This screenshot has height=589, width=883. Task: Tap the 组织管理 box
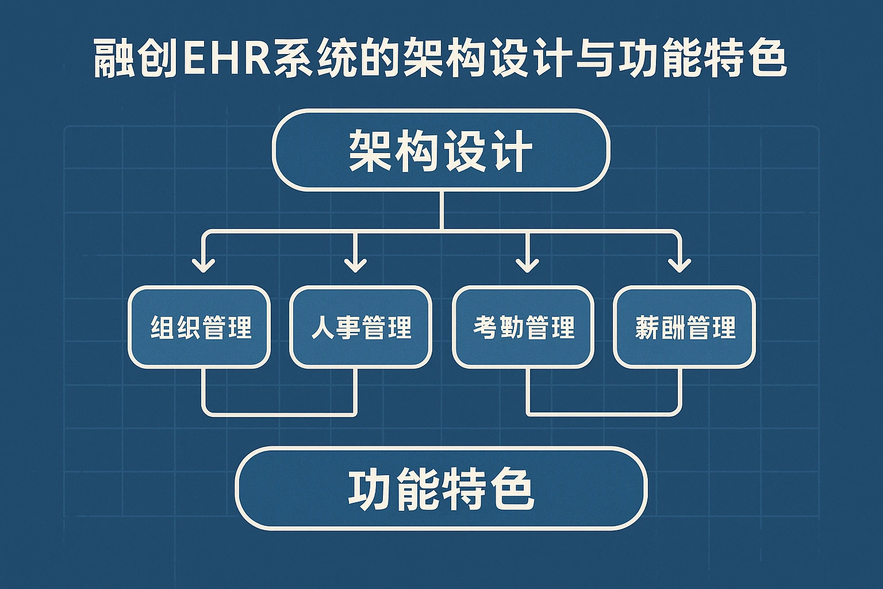[199, 327]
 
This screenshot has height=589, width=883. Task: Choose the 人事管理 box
[360, 327]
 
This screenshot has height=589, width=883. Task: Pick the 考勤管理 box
[523, 327]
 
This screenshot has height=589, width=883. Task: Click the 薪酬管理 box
[684, 327]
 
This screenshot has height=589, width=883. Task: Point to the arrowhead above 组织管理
[204, 265]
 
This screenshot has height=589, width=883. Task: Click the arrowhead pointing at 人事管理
[355, 265]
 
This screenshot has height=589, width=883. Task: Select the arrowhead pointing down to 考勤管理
[527, 265]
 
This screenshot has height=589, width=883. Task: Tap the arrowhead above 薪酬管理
[679, 265]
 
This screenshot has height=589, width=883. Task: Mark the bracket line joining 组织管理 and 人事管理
[280, 413]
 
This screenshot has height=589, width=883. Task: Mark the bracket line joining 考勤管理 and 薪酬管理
[604, 413]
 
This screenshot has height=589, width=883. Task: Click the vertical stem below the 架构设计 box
[441, 210]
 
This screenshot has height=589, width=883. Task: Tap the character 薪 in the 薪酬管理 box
[647, 327]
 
